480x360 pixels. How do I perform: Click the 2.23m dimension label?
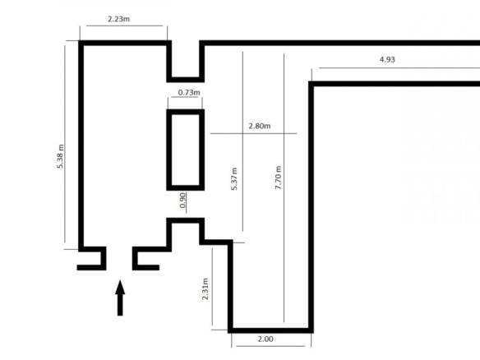point(119,19)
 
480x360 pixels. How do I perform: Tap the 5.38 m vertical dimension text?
point(60,156)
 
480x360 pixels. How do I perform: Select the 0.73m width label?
point(189,92)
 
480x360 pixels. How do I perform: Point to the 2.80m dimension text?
point(260,126)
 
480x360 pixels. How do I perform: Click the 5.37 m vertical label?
point(234,179)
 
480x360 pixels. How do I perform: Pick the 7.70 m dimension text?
point(278,178)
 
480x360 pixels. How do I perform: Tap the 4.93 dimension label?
point(387,59)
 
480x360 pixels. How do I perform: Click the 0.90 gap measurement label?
point(182,201)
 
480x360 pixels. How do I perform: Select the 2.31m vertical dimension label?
point(205,288)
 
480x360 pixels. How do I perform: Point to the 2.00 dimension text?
point(265,339)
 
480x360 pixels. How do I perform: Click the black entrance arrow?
point(120,298)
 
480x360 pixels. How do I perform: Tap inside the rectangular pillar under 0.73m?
point(186,150)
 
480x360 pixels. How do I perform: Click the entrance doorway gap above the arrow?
point(119,259)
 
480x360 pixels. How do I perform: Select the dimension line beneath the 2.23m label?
point(124,25)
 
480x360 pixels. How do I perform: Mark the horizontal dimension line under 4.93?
point(399,68)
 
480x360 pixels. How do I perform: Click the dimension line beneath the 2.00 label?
point(270,346)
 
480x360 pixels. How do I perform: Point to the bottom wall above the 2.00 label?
point(270,330)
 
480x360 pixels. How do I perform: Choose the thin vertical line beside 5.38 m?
point(65,144)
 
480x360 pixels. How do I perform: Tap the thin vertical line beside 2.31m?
point(212,287)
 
